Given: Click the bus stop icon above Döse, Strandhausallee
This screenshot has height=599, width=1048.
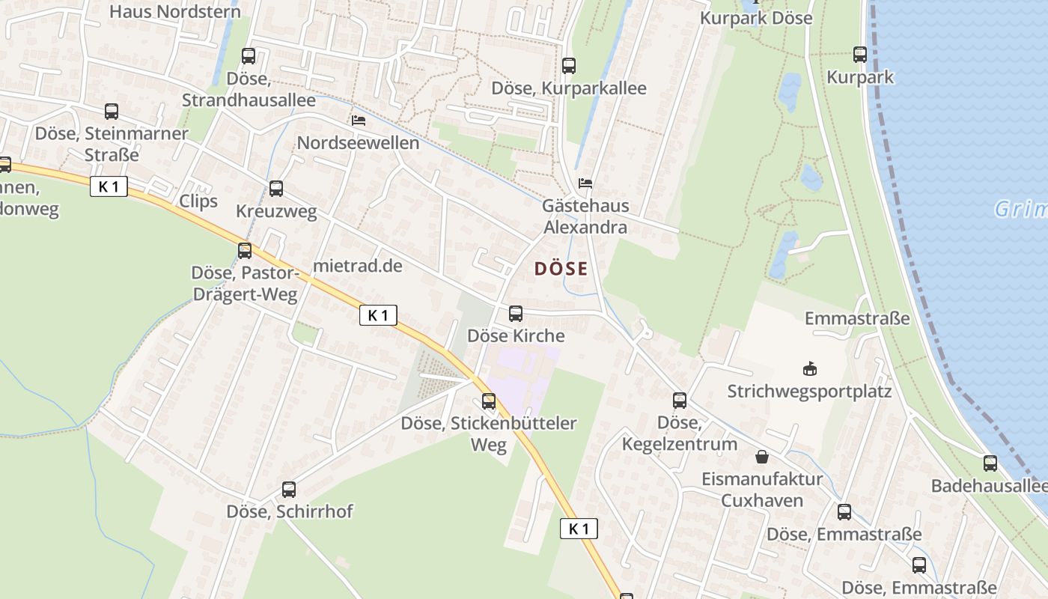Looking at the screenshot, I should [x=248, y=56].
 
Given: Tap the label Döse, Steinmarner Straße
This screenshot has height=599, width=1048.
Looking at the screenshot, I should [x=112, y=144].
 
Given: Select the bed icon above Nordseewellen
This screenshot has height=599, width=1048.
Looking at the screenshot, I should [x=359, y=121].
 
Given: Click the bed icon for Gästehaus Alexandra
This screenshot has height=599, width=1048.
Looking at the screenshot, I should [x=585, y=183].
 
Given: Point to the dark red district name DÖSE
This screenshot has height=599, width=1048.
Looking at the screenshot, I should [x=561, y=270].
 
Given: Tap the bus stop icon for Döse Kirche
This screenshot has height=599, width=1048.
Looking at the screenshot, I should [x=515, y=314].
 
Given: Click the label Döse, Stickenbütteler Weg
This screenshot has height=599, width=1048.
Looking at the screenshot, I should [x=488, y=434].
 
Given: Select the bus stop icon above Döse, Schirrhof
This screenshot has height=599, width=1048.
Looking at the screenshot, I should [x=289, y=490].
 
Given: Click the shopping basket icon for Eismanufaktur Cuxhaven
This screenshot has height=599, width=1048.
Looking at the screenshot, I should [x=761, y=457].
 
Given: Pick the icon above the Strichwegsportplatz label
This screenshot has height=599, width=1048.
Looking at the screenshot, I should [x=809, y=368].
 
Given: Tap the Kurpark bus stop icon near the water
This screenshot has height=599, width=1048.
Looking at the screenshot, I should [x=859, y=55].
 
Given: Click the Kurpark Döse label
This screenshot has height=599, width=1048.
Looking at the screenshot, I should [x=755, y=18].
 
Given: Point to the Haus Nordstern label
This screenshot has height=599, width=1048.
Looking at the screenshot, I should [x=175, y=11].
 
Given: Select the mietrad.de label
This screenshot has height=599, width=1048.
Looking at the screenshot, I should [x=358, y=266].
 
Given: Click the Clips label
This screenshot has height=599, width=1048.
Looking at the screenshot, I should [x=198, y=201].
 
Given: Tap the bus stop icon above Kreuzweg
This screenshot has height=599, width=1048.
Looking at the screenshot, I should [x=276, y=189].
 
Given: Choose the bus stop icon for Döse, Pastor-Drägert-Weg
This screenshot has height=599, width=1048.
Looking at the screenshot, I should [x=244, y=251].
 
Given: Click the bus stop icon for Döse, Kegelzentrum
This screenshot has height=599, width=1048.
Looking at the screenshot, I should [x=679, y=401].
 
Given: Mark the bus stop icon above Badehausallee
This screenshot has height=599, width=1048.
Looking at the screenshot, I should [x=990, y=463].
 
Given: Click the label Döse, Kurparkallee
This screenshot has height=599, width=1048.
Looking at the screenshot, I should [x=569, y=88].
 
